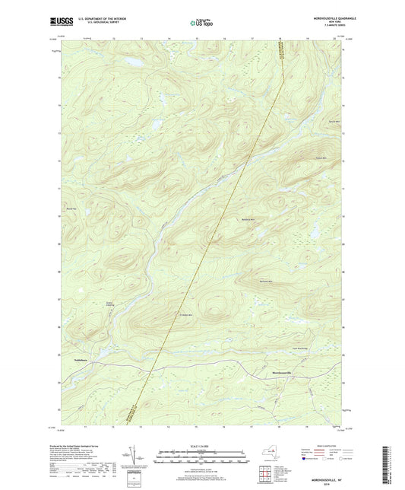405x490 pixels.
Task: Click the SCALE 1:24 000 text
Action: pyautogui.click(x=201, y=447)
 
